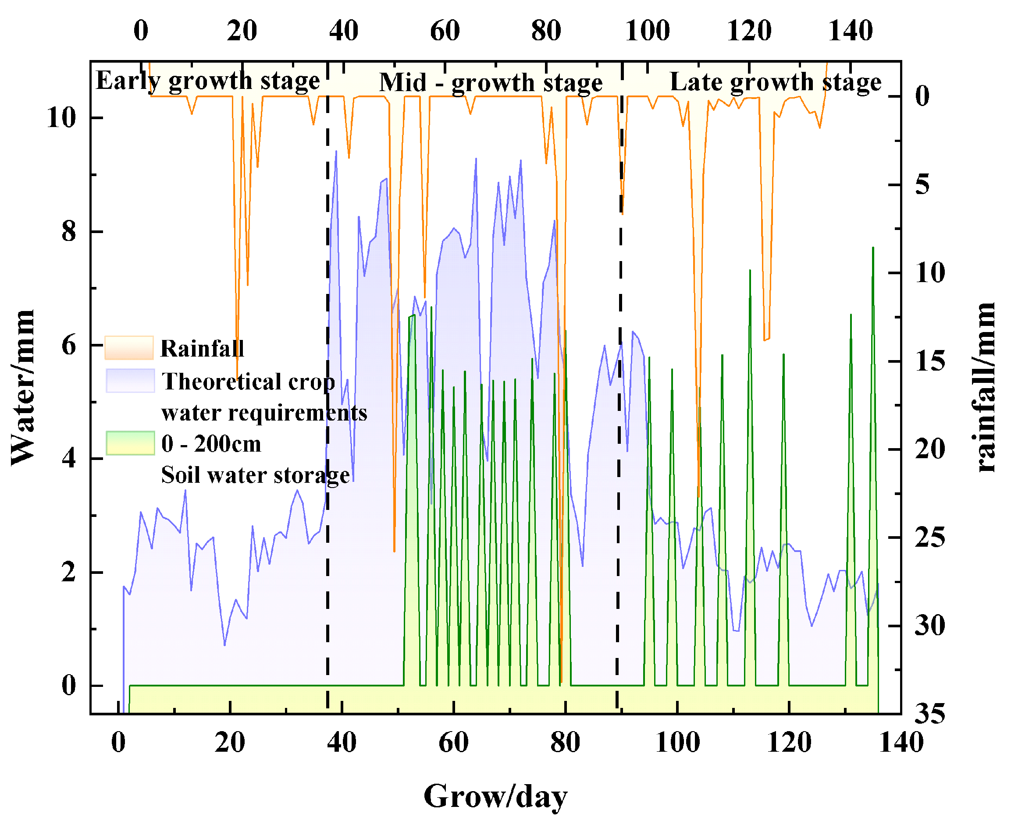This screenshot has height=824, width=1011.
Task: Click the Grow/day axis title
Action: pyautogui.click(x=495, y=796)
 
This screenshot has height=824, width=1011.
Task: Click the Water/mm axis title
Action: pyautogui.click(x=23, y=387)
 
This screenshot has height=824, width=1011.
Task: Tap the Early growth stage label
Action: pyautogui.click(x=208, y=81)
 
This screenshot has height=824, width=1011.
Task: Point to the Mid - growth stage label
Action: pyautogui.click(x=491, y=83)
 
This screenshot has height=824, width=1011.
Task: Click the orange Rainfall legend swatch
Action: pyautogui.click(x=129, y=348)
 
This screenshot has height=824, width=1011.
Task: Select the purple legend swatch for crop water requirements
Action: pyautogui.click(x=130, y=381)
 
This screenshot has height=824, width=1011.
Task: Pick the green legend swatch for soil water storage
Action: pyautogui.click(x=130, y=443)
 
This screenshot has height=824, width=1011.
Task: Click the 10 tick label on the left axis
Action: pyautogui.click(x=61, y=117)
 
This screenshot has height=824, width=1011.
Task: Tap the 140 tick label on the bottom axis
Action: pyautogui.click(x=901, y=743)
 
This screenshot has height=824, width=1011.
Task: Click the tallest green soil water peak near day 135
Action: pyautogui.click(x=873, y=249)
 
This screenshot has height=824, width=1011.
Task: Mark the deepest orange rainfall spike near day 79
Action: pyautogui.click(x=561, y=682)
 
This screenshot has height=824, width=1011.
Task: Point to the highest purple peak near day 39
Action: pyautogui.click(x=336, y=152)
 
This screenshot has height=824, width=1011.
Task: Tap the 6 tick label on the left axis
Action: pyautogui.click(x=69, y=345)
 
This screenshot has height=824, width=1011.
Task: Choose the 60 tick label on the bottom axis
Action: pyautogui.click(x=453, y=743)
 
